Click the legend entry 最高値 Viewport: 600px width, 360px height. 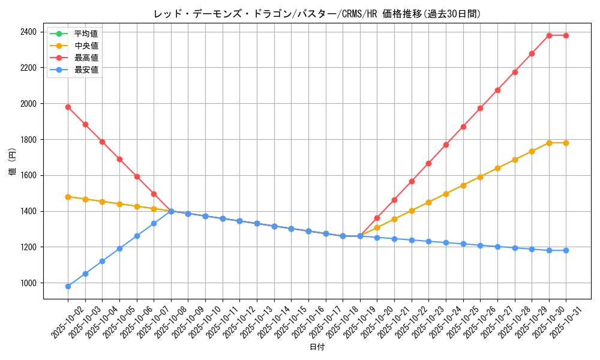86,58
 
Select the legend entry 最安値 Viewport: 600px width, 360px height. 86,70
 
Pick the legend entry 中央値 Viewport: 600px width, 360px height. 86,46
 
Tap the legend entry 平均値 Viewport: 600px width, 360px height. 86,34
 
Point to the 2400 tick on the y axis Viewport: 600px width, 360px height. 28,32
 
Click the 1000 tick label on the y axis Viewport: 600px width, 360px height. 28,283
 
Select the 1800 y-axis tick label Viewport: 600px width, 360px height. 28,140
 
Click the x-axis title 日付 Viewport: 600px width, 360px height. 317,347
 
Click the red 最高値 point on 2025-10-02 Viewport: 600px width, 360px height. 68,107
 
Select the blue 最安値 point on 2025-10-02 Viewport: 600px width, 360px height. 68,286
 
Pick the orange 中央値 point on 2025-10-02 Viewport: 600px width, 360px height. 68,197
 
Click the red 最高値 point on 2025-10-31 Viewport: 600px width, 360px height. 566,35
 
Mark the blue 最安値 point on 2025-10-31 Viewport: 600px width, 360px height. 566,250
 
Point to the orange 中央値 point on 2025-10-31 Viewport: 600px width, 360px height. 566,143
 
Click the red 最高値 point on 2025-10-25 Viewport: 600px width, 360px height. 463,127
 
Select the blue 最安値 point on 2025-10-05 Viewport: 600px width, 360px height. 119,248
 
